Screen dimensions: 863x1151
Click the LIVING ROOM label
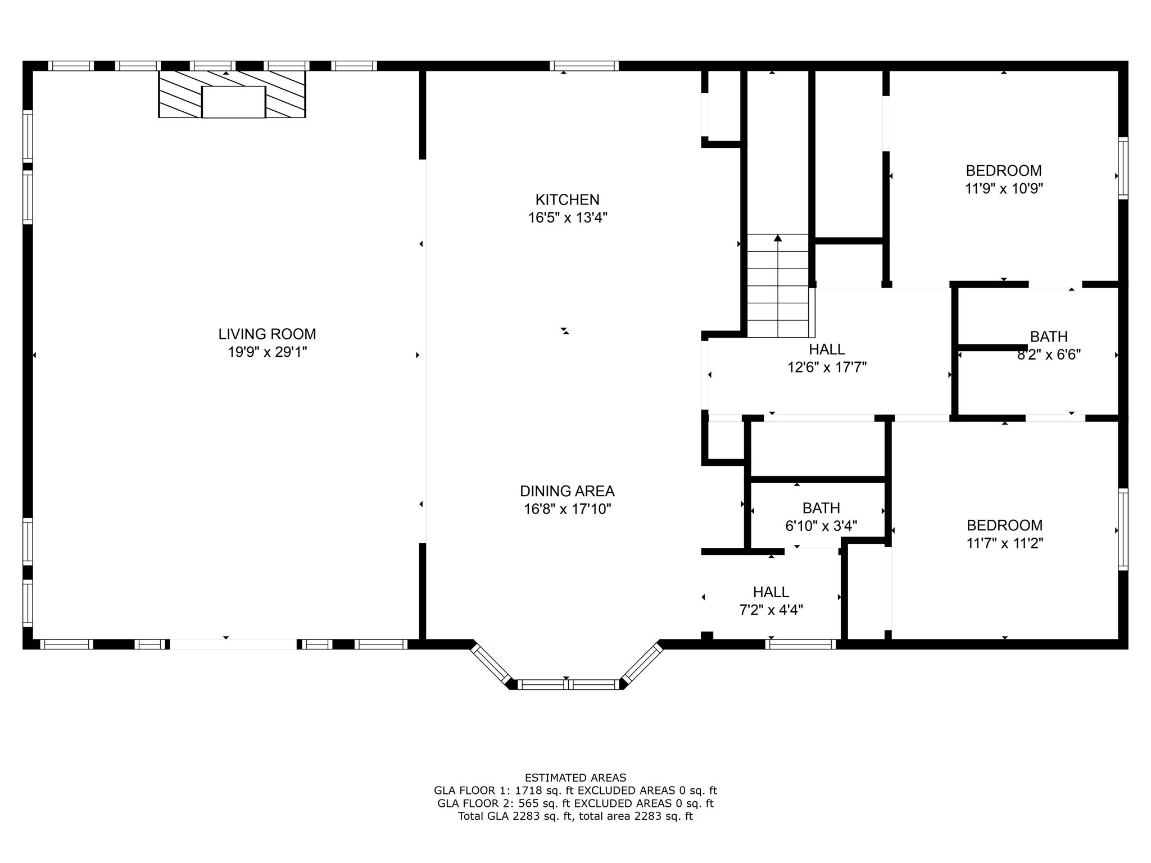coord(267,334)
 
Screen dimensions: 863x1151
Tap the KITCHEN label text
coord(567,199)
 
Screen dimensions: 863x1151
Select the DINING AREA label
coord(567,491)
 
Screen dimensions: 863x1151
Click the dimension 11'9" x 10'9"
coord(1004,189)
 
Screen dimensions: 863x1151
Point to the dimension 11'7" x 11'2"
coord(1004,543)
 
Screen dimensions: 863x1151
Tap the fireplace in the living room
coord(232,94)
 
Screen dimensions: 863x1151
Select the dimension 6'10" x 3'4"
coord(821,526)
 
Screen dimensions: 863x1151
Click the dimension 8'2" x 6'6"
coord(1049,355)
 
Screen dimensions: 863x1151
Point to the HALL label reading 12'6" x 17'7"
coord(827,349)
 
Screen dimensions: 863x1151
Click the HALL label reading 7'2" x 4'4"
coord(771,592)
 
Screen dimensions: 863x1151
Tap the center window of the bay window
coord(567,684)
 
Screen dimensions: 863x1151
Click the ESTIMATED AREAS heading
coord(575,778)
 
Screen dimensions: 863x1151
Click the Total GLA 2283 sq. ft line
coord(575,816)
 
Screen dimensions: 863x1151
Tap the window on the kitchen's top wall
coord(584,66)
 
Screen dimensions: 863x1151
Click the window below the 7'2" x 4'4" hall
coord(800,644)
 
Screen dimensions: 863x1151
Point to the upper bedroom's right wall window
coord(1123,168)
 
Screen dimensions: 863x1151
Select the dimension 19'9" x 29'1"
coord(267,352)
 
